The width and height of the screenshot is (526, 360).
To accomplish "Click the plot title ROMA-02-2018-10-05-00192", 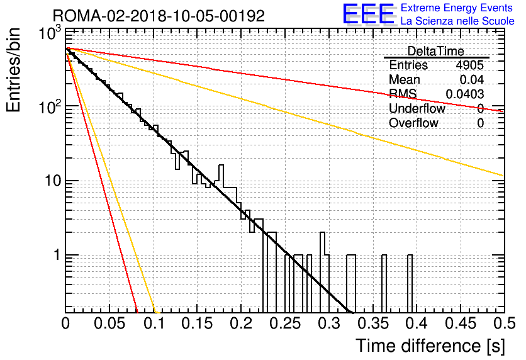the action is pyautogui.click(x=159, y=16).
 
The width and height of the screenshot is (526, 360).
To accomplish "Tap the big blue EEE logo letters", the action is pyautogui.click(x=368, y=14).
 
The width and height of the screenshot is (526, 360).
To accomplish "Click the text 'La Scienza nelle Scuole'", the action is pyautogui.click(x=457, y=21).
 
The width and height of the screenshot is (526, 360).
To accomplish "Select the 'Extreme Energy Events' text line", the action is pyautogui.click(x=457, y=8).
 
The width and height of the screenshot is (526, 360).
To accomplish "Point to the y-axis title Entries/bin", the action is pyautogui.click(x=13, y=70).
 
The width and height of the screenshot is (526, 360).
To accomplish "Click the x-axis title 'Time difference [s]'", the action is pyautogui.click(x=430, y=346).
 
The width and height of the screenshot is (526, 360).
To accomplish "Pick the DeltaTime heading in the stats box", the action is pyautogui.click(x=436, y=51).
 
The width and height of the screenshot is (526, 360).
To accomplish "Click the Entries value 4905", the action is pyautogui.click(x=469, y=65).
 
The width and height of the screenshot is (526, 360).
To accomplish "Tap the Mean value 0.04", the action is pyautogui.click(x=472, y=79).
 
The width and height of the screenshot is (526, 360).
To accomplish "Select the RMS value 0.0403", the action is pyautogui.click(x=464, y=94).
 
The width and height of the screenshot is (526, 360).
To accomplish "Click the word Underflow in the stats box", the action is pyautogui.click(x=417, y=108).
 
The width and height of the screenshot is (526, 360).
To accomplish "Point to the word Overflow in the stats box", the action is pyautogui.click(x=413, y=123).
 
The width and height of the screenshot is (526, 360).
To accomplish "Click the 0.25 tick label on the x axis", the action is pyautogui.click(x=285, y=323).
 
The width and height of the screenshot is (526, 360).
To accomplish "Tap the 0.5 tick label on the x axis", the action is pyautogui.click(x=504, y=323).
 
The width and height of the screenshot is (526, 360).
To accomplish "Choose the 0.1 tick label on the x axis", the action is pyautogui.click(x=154, y=323).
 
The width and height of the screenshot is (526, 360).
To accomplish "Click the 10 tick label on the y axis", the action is pyautogui.click(x=53, y=181).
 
